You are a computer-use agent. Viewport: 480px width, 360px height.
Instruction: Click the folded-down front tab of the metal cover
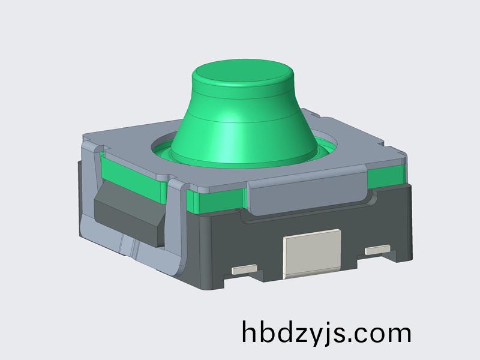click(x=306, y=195)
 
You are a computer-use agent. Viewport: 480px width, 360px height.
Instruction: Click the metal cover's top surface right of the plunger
click(x=354, y=144)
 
